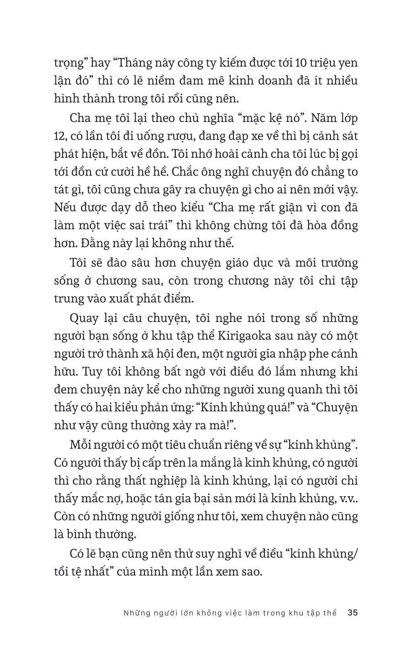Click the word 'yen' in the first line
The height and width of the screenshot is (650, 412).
347,63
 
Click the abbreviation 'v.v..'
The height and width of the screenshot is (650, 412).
347,498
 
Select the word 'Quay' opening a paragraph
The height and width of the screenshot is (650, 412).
84,318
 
